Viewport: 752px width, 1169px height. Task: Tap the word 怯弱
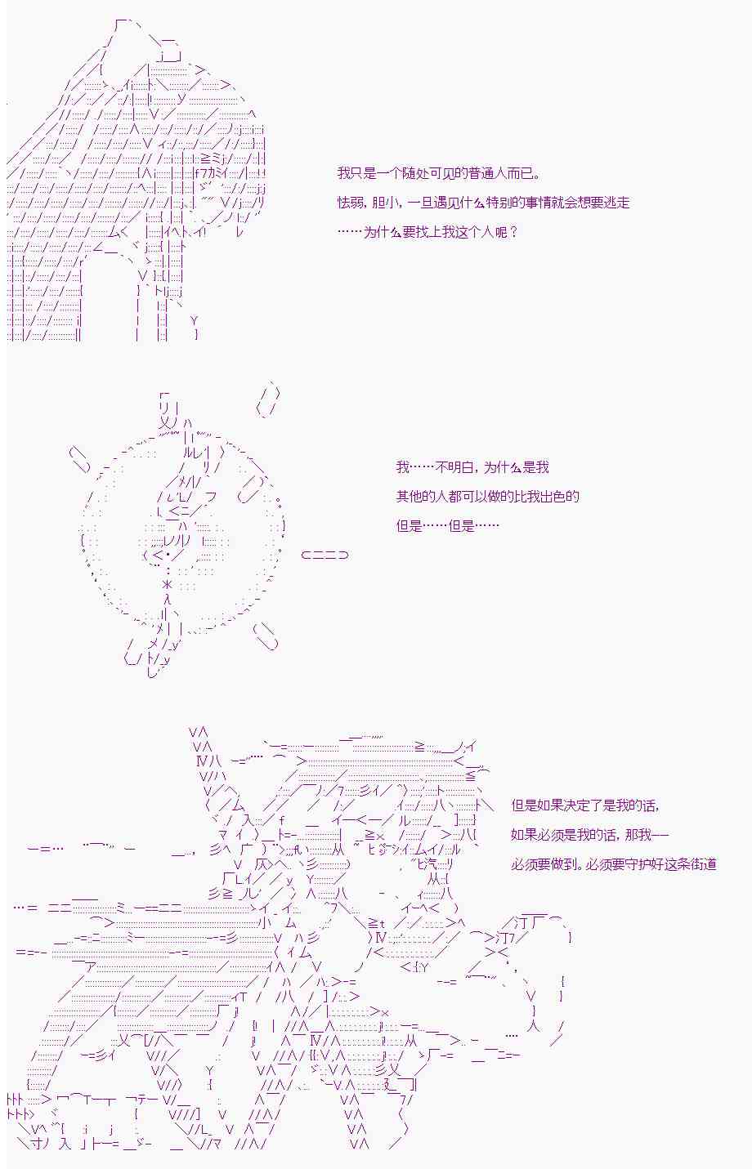(351, 203)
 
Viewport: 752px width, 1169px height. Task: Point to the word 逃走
(616, 203)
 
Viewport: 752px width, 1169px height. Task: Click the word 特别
(499, 203)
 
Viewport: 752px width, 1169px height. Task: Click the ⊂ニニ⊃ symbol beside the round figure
(325, 555)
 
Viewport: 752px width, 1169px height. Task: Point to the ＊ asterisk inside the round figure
(168, 585)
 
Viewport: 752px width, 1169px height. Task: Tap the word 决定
(576, 805)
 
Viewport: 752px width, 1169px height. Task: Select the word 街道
(703, 864)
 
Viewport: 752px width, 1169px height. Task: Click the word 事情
(538, 203)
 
